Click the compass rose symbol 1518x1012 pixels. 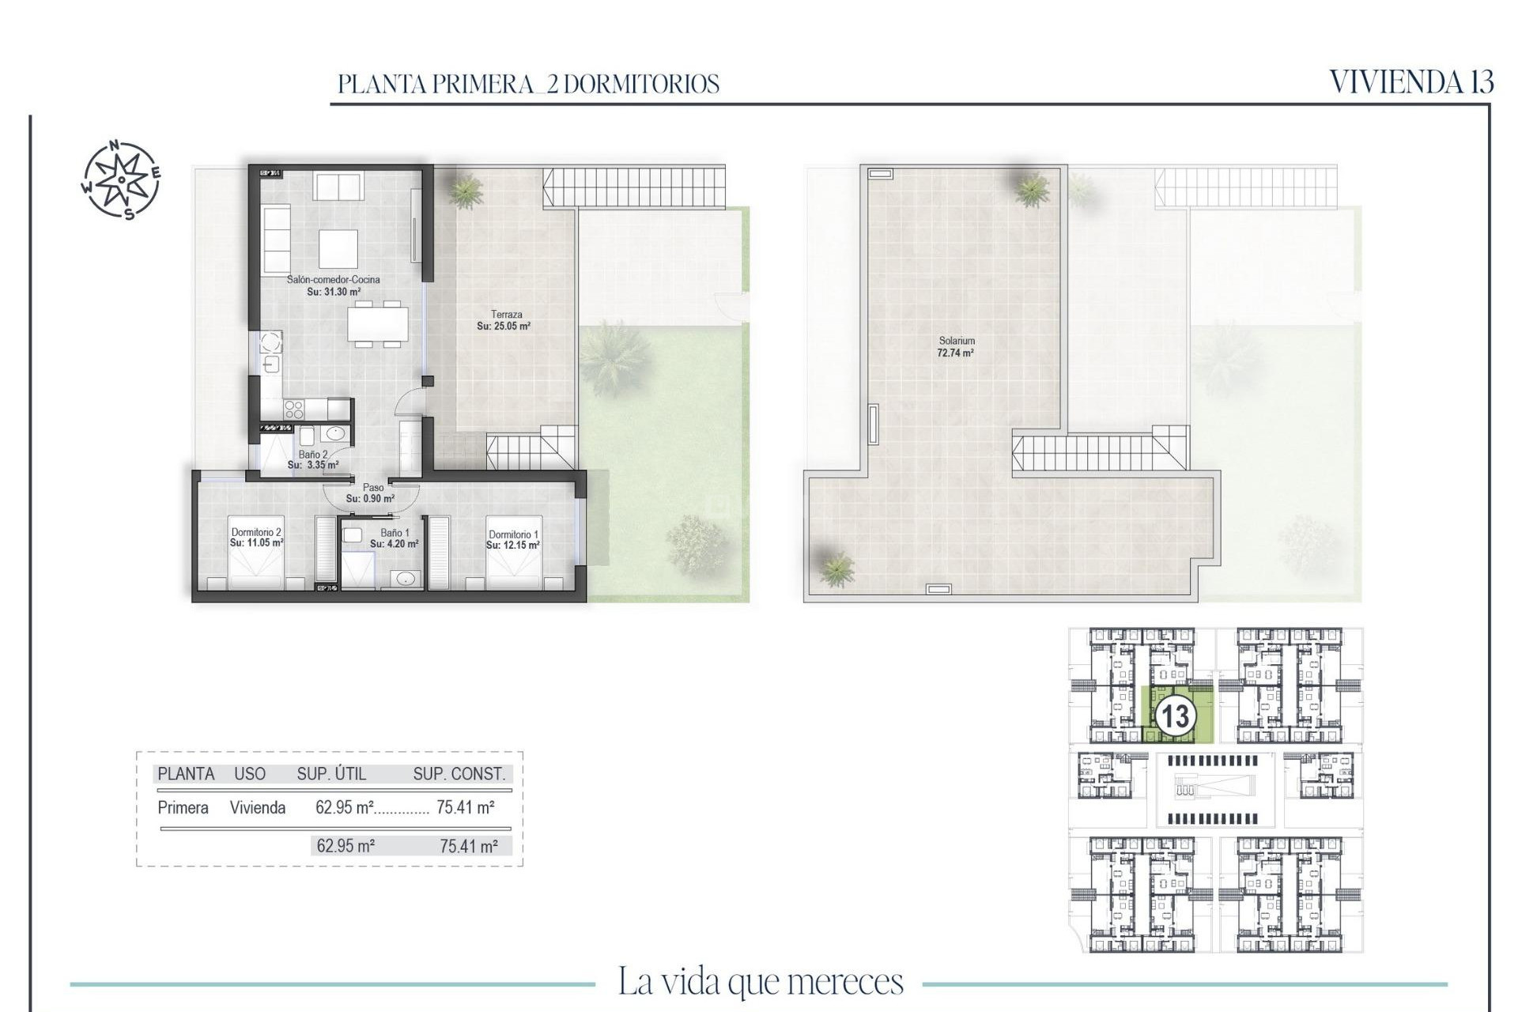(121, 179)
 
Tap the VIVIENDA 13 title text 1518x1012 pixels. (1411, 82)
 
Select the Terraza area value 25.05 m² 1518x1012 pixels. (504, 326)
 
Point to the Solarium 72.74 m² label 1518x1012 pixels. (956, 347)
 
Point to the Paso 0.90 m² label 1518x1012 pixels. (371, 493)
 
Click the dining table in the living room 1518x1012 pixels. (378, 323)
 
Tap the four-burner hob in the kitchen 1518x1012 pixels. (293, 409)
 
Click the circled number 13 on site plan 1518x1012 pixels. (1175, 716)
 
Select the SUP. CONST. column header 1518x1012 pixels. (459, 774)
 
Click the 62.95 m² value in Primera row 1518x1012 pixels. (344, 807)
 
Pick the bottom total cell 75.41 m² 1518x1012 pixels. (468, 846)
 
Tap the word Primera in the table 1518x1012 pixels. (183, 807)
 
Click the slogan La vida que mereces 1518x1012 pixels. (760, 981)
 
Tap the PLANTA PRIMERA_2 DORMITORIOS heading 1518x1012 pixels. (528, 84)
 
